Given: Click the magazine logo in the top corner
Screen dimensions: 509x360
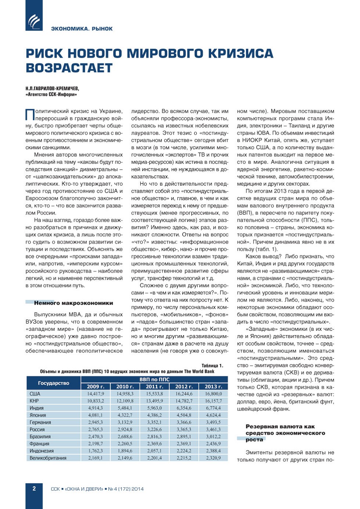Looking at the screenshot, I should pos(34,20).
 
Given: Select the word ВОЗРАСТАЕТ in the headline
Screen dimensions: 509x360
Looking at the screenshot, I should pos(69,68).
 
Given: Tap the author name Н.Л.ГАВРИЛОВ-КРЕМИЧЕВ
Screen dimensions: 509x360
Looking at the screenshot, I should pos(52,89).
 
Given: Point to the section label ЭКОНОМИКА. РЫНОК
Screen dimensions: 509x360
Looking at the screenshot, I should pos(82,29).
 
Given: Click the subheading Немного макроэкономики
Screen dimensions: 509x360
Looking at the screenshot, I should pos(73,303).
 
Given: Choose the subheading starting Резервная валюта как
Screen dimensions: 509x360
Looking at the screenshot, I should pos(280,427).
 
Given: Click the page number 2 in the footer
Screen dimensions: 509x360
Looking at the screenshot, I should pos(34,488).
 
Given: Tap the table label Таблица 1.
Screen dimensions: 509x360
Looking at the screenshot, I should pos(212,366).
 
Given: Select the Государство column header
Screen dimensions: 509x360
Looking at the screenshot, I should pos(54,383).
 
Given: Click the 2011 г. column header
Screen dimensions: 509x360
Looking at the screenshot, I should pos(154,387).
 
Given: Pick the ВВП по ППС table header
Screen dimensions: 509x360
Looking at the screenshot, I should pos(154,379).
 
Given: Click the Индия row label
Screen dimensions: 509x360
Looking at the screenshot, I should pos(37,408).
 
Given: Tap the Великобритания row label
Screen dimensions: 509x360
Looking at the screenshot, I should pos(48,458).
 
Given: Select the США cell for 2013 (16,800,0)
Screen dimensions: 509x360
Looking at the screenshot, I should pos(213,394).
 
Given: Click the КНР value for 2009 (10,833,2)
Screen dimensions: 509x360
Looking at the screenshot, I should pos(96,401).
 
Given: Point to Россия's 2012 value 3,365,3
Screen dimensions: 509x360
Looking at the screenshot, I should pos(184,429).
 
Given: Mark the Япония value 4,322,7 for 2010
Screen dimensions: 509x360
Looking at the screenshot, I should pos(125,415).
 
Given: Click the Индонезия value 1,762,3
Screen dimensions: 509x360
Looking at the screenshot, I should pos(96,451).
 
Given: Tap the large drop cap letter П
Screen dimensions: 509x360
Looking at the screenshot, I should pos(29,114).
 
